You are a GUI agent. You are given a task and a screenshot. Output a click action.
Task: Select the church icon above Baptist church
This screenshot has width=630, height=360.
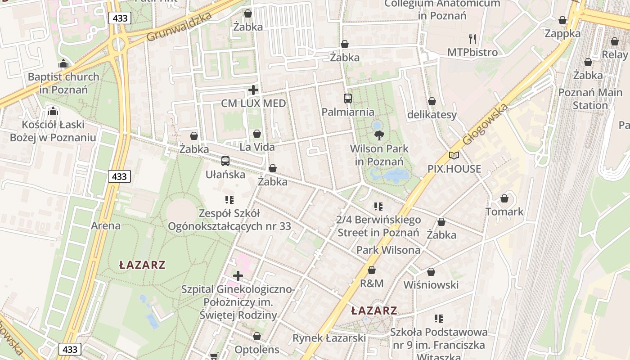[63, 63]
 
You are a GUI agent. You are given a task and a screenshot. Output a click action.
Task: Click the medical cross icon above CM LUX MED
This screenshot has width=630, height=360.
[253, 90]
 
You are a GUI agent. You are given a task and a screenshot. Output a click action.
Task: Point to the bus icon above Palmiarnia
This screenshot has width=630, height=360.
[347, 98]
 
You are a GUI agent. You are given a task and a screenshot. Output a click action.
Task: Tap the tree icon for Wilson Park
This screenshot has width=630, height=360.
[379, 135]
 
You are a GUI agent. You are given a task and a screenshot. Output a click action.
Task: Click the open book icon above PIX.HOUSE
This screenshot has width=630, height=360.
[454, 156]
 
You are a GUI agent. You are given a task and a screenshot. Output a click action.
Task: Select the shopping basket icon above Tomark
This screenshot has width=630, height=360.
[504, 198]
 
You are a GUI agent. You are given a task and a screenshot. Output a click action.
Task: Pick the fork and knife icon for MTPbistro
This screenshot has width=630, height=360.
[472, 39]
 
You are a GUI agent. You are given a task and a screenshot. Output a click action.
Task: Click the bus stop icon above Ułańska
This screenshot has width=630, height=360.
[225, 161]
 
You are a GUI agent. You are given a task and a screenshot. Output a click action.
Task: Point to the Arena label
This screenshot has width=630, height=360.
[106, 225]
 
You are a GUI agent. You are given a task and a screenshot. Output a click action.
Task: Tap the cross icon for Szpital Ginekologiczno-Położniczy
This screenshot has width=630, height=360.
[238, 275]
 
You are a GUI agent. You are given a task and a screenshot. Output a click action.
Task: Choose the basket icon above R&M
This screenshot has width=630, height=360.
[372, 270]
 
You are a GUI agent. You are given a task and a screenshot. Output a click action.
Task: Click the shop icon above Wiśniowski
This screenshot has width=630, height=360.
[431, 272]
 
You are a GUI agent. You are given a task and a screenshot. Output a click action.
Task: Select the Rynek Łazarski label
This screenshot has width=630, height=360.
[329, 337]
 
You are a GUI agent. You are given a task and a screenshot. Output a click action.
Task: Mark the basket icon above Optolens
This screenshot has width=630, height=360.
[257, 336]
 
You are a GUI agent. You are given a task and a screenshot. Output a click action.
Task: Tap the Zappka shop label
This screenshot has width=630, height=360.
[562, 33]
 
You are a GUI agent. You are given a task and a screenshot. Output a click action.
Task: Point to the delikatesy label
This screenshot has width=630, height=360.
[432, 115]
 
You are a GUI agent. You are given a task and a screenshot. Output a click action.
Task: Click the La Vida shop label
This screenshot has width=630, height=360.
[257, 147]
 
